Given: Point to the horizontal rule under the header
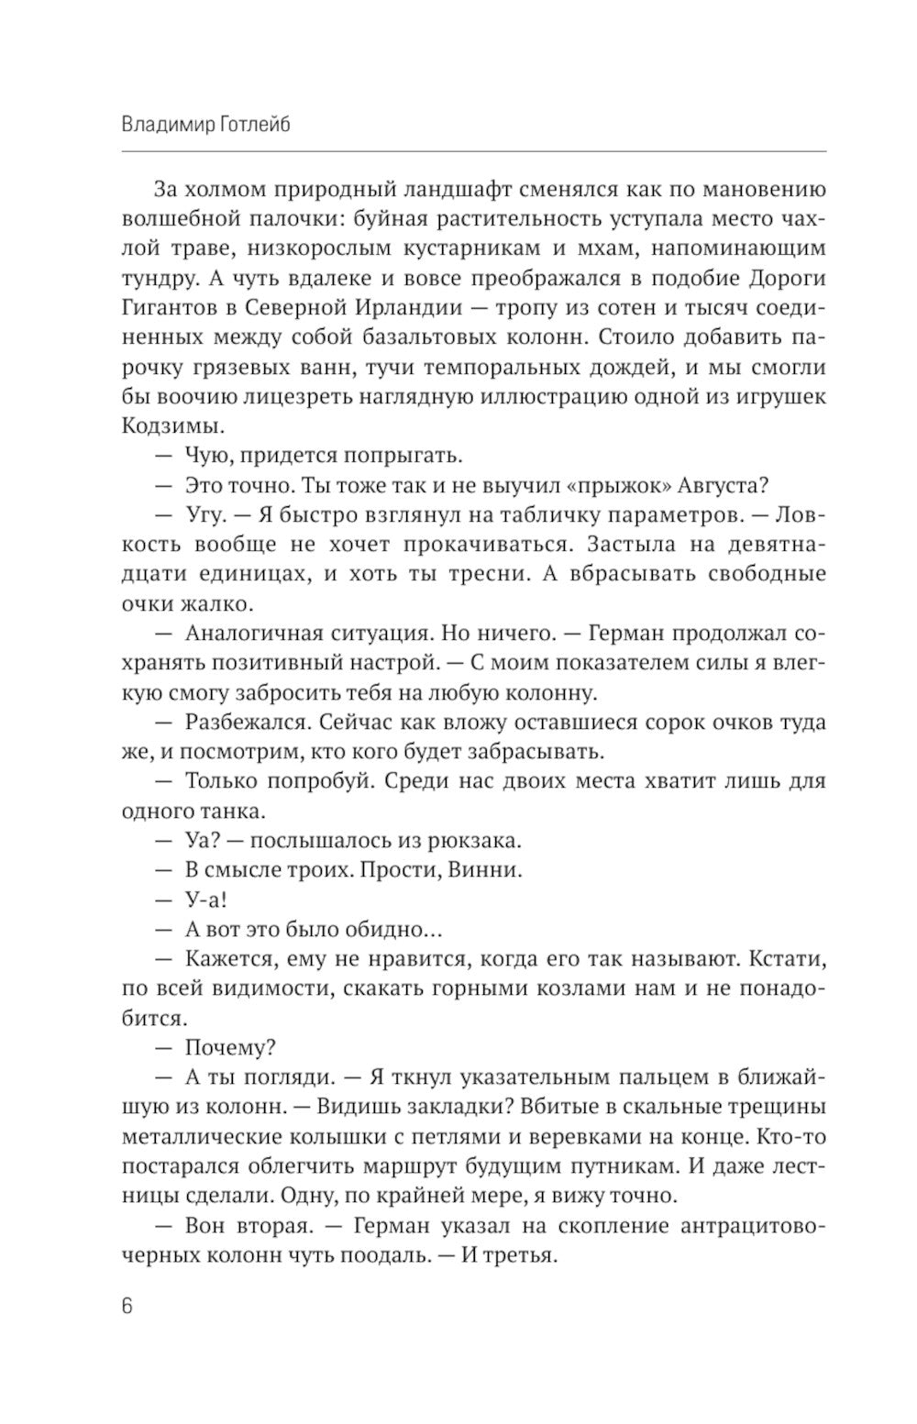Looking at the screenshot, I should pyautogui.click(x=473, y=151).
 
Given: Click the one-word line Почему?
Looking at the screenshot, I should pyautogui.click(x=231, y=1047).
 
